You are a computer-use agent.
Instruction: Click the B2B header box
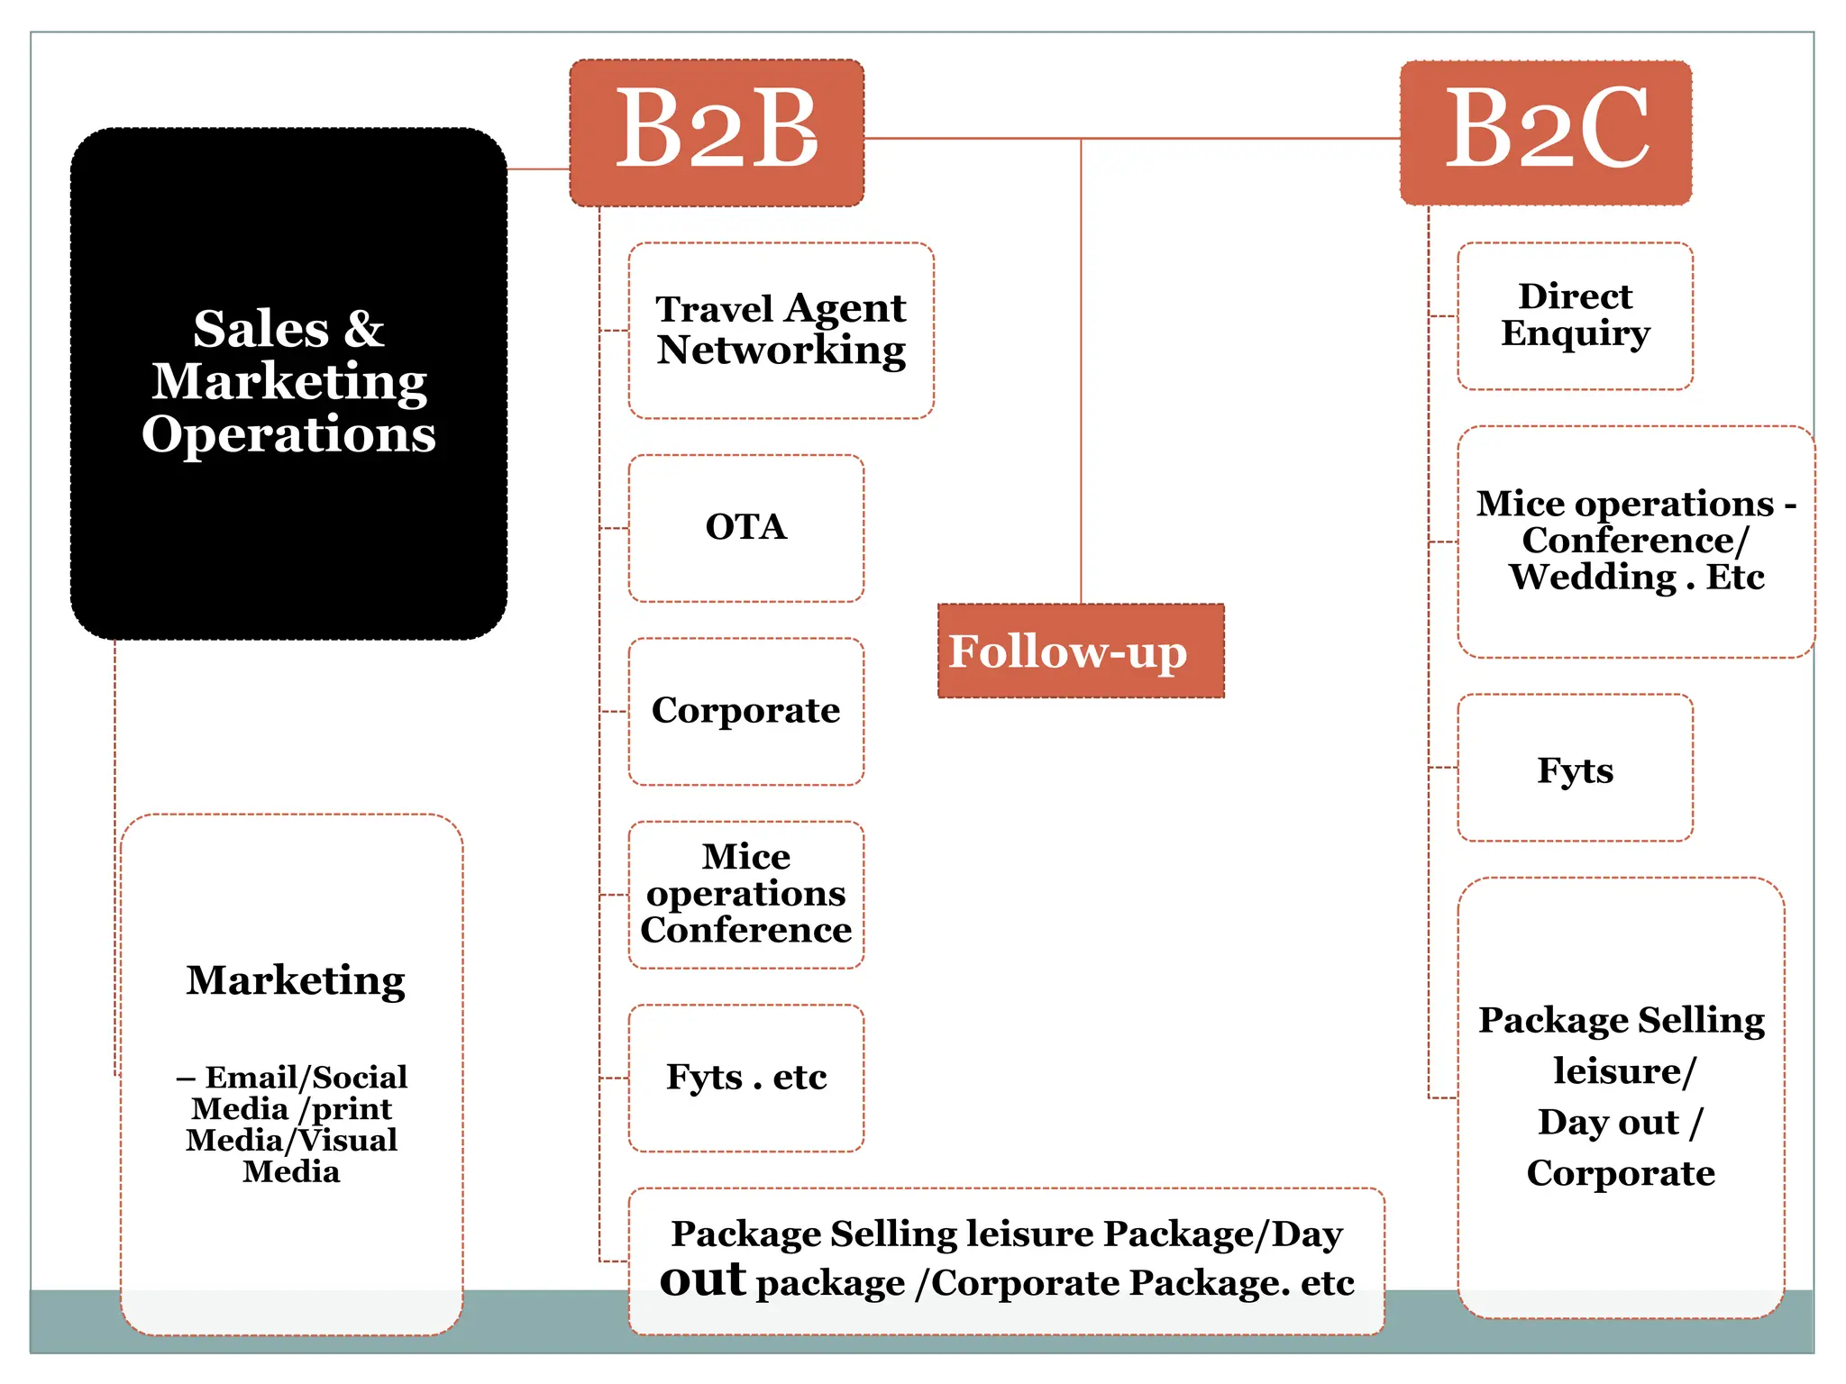tap(717, 132)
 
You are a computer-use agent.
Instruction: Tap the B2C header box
tap(1546, 132)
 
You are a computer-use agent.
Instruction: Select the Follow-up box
tap(1081, 651)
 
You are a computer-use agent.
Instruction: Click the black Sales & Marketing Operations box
tap(288, 505)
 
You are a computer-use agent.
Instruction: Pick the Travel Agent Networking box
tap(781, 330)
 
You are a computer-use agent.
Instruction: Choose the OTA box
tap(745, 528)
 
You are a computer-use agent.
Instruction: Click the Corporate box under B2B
tap(745, 711)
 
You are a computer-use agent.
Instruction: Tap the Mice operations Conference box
tap(745, 894)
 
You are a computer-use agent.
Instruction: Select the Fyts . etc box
tap(745, 1078)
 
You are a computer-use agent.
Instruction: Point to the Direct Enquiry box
tap(1575, 315)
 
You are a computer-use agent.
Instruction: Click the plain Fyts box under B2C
tap(1575, 769)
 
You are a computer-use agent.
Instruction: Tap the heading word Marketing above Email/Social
tap(296, 980)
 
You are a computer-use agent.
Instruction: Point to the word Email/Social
tap(306, 1077)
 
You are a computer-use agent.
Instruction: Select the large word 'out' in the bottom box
tap(702, 1279)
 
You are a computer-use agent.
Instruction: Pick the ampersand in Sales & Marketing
tap(364, 329)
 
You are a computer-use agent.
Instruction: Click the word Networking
tap(781, 351)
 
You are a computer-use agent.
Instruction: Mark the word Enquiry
tap(1575, 333)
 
